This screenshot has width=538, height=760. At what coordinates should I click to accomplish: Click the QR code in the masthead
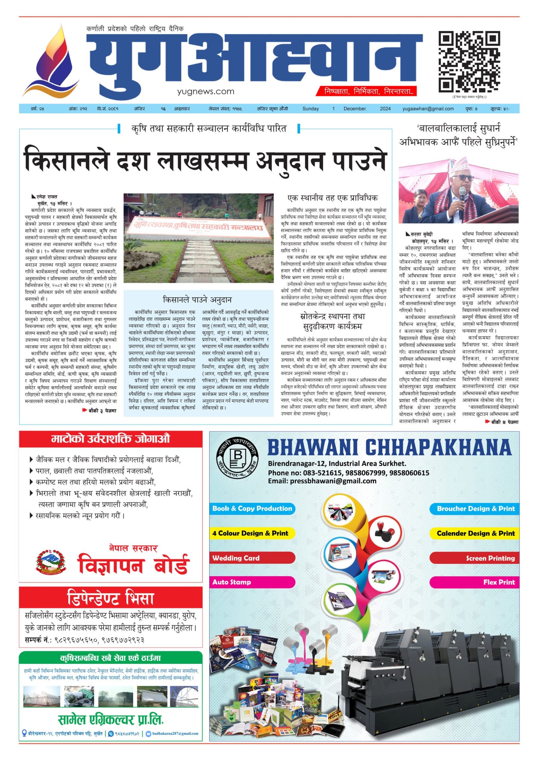coord(469,62)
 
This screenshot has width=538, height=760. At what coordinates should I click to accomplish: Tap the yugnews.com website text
coord(205,91)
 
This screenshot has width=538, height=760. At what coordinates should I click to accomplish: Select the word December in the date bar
coord(355,109)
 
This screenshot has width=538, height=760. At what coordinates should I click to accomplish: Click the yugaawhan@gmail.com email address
coord(428,109)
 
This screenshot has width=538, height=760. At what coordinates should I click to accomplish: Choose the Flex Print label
coord(499,582)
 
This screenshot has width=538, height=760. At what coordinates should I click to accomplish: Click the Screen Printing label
coord(490,558)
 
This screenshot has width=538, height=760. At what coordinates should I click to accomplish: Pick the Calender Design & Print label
coord(475,533)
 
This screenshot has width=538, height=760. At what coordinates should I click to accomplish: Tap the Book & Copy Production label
coord(252,509)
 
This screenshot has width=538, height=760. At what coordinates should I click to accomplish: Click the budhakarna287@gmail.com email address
coord(175,733)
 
